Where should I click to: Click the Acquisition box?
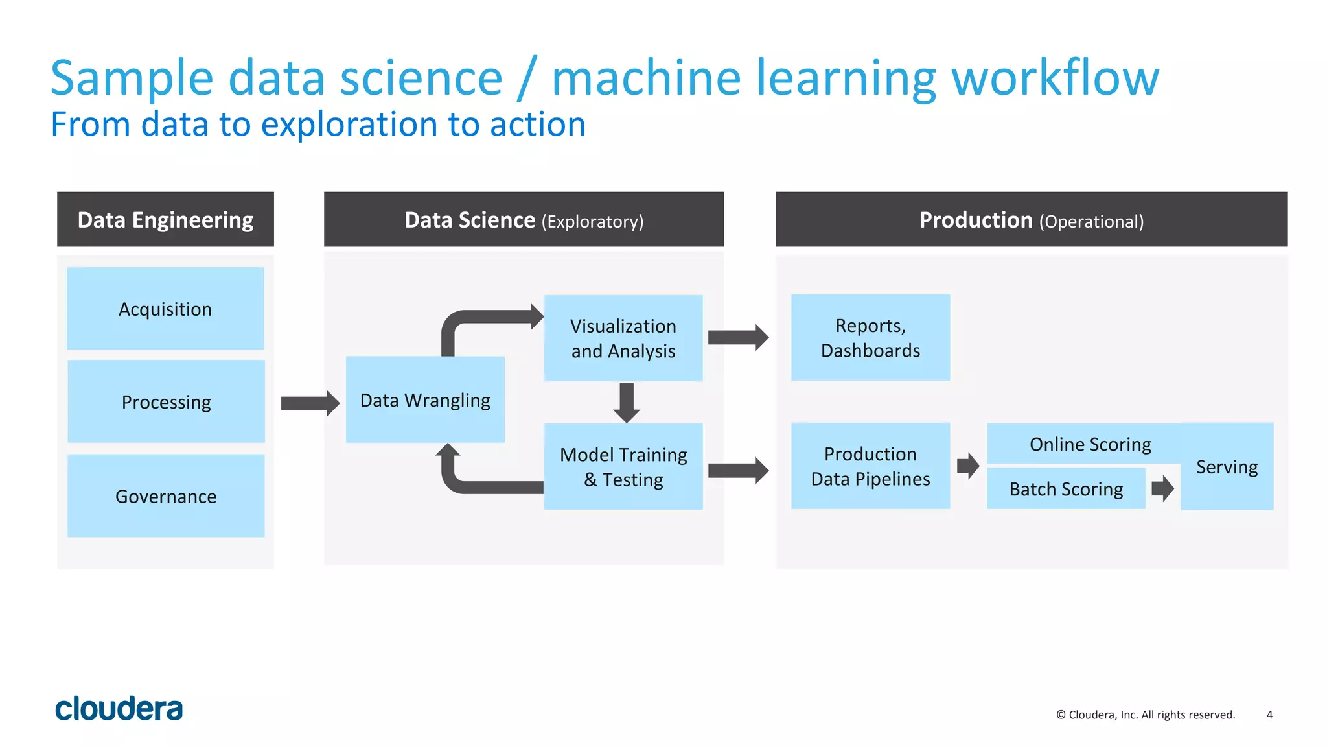165,309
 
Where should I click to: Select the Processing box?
166,402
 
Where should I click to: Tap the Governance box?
166,496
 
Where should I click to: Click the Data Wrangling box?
425,400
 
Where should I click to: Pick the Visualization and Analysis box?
623,338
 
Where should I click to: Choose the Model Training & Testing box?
623,467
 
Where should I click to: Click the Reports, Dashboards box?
870,338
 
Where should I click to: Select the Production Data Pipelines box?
870,466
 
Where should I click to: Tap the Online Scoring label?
1090,444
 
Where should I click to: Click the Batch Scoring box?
1066,489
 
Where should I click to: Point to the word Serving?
1227,467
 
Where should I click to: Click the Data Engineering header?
165,220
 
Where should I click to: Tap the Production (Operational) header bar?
1031,220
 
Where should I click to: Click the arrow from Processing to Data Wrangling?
310,403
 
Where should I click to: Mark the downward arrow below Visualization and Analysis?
627,402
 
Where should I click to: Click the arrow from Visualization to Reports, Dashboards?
738,337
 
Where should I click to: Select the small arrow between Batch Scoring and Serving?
1162,488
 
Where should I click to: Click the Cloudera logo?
119,709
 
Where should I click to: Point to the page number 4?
1269,715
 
